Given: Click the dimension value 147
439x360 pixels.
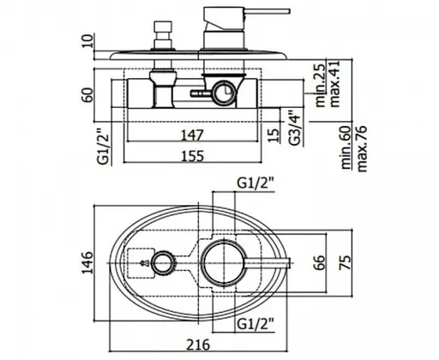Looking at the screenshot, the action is pos(192,135).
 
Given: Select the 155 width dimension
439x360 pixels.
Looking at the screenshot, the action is pos(193,156).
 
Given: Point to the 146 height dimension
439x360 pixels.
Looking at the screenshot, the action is pos(87,262).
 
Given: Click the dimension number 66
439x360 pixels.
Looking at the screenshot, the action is pos(319,262).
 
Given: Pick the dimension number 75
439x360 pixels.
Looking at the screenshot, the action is pos(345,262).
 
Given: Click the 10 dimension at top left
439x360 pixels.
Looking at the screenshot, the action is pos(87,40).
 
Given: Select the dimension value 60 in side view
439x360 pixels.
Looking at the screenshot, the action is pos(87,95).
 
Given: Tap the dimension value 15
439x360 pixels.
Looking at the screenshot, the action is pos(274,135).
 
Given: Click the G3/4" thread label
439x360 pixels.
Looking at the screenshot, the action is pos(294,127).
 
